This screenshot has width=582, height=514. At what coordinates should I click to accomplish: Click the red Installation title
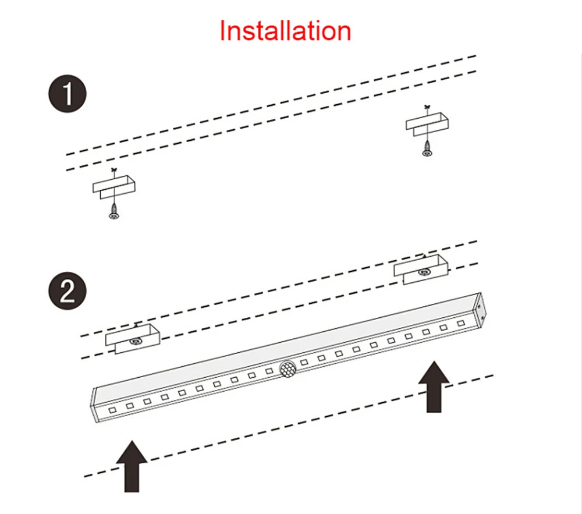285,30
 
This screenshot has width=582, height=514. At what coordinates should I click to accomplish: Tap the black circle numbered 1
68,94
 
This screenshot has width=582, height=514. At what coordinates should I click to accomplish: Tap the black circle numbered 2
68,290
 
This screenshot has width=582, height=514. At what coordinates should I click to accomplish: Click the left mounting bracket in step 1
114,187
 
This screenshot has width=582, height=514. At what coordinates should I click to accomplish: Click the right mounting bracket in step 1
427,123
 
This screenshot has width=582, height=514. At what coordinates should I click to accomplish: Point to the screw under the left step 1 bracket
114,212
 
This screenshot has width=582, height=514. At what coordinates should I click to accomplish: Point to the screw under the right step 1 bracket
427,149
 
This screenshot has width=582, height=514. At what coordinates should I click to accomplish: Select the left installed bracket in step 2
133,339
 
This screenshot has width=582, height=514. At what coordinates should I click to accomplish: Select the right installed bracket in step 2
421,270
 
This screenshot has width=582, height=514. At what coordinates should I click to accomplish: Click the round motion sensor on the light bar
288,369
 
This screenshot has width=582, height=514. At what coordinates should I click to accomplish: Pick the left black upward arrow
132,466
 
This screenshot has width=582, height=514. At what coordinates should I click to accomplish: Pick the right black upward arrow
434,387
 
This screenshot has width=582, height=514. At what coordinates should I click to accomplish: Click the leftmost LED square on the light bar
112,410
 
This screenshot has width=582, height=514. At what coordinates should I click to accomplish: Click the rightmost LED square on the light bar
461,323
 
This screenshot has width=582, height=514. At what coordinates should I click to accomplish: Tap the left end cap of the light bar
94,405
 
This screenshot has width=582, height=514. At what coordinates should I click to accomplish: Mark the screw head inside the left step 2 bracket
136,341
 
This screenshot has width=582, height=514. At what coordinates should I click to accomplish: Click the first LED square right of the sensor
304,362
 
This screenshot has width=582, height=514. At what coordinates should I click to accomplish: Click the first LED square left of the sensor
269,371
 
